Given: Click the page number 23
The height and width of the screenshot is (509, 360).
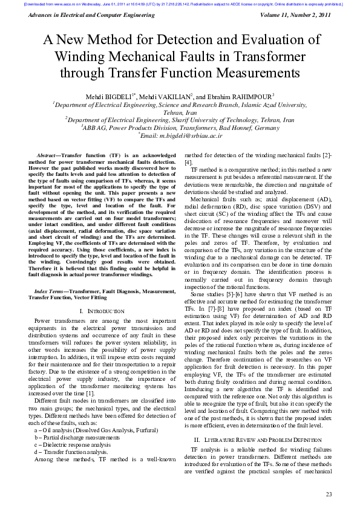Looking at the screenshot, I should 329,494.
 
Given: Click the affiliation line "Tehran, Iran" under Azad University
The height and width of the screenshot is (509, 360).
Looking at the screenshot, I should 180,112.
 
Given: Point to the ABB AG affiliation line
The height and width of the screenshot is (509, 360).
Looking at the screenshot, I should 180,128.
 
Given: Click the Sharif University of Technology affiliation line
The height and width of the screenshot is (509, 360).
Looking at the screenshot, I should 180,120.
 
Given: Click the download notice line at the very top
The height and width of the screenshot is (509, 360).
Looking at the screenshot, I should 180,4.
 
